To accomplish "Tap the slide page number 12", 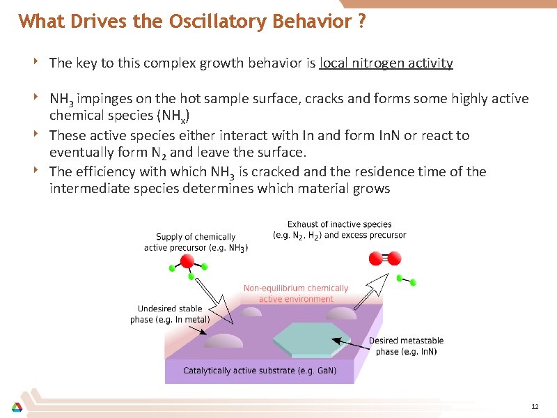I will tap(535, 406).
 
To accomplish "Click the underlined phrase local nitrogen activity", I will tap(386, 63).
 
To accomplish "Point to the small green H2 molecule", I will tap(406, 280).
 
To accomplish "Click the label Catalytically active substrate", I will tap(259, 371).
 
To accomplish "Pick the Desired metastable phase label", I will tap(406, 346).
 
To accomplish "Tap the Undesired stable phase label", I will tap(170, 313).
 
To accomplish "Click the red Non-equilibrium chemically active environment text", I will tap(296, 293).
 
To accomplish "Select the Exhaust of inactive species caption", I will tap(339, 229).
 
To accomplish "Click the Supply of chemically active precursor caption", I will tap(196, 242).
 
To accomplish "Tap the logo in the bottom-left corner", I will tap(16, 407).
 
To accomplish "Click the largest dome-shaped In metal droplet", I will tap(223, 341).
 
